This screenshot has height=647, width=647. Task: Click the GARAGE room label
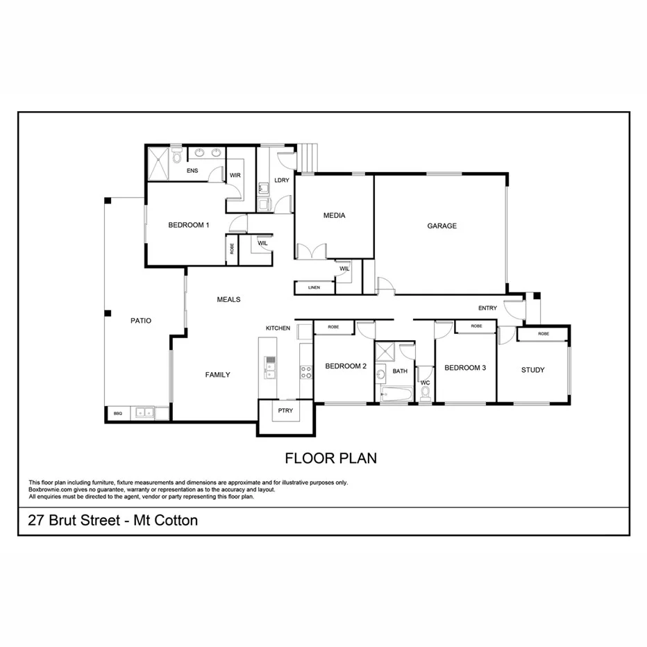point(442,226)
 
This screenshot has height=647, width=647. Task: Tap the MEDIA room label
point(334,215)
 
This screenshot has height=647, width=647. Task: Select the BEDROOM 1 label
point(188,225)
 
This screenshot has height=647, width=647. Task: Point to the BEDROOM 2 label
point(346,367)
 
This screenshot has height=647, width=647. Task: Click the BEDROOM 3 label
point(464,368)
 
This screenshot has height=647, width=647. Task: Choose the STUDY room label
point(532,370)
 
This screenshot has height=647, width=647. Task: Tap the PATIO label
point(141,321)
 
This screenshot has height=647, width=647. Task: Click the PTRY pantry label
point(285,410)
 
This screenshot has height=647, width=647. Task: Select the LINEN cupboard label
point(314,287)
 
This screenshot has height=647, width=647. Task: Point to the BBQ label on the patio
point(117,414)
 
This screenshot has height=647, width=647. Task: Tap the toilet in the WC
point(425,394)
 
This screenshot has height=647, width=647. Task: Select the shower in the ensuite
point(160,165)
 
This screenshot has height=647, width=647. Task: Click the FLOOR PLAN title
point(330,458)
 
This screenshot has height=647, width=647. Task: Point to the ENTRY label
point(488,308)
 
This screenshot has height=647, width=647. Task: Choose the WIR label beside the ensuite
point(235,176)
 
